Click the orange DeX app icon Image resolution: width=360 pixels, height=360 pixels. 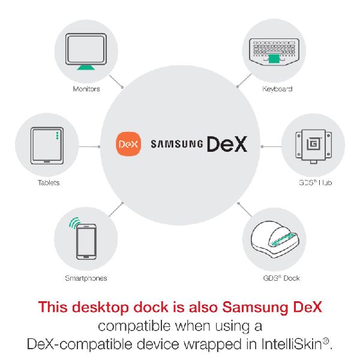click(x=128, y=144)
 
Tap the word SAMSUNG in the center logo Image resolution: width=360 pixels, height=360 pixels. click(x=177, y=144)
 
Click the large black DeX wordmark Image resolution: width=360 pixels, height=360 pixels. click(x=227, y=144)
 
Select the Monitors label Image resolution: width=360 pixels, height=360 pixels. click(x=86, y=89)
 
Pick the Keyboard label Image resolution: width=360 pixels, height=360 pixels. click(x=277, y=89)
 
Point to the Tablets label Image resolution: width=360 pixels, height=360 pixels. click(x=49, y=183)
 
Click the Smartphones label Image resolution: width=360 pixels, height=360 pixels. click(x=86, y=278)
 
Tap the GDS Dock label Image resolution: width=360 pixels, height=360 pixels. click(x=281, y=278)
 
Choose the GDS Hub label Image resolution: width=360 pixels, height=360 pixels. click(x=315, y=183)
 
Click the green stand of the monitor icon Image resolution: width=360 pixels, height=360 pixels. click(x=86, y=67)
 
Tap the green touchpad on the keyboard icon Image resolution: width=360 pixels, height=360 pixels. click(x=274, y=59)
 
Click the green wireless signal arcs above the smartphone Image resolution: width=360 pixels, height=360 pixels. click(x=74, y=223)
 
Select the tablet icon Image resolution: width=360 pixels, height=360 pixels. click(x=47, y=146)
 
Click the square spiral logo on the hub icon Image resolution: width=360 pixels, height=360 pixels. click(x=313, y=144)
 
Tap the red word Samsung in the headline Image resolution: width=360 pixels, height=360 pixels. click(x=256, y=307)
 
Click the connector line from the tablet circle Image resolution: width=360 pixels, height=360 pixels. click(x=89, y=146)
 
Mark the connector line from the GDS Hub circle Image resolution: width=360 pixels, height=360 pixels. click(x=271, y=146)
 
